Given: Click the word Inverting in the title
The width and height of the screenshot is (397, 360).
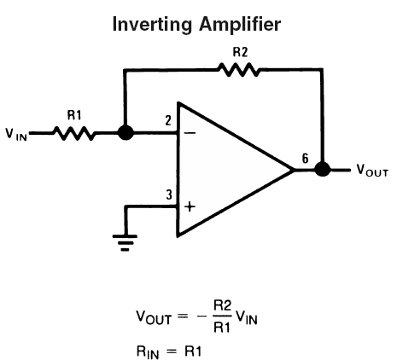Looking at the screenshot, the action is [152, 25].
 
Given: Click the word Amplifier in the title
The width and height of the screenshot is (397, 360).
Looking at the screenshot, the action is [240, 25].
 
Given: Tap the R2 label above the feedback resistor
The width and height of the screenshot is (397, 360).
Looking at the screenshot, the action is [240, 52].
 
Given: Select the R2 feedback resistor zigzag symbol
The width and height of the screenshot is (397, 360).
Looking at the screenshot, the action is [239, 70].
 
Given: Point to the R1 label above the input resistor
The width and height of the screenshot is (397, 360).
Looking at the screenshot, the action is [74, 115].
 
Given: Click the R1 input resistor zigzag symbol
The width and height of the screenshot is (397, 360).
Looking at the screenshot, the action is [74, 133].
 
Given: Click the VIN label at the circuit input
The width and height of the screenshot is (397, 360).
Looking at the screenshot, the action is [16, 135].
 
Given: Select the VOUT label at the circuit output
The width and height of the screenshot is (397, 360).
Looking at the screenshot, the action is [372, 171].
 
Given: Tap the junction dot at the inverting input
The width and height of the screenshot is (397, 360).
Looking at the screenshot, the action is [126, 133].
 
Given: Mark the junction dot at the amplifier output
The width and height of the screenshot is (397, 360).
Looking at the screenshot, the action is [323, 169].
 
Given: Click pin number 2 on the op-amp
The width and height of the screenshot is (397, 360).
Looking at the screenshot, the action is [168, 121].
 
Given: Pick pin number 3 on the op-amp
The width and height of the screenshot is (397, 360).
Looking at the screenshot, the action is [169, 195].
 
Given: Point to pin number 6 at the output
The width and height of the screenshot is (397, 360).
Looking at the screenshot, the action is [305, 159].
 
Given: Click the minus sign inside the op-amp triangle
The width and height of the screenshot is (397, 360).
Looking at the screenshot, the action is [190, 133].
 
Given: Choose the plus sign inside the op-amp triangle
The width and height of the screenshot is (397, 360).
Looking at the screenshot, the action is [190, 206].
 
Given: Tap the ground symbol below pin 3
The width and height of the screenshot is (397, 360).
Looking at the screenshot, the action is [125, 242].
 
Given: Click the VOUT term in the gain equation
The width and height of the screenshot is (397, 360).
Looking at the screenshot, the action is [154, 317].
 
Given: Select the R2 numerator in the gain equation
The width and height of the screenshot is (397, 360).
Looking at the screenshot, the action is [222, 306].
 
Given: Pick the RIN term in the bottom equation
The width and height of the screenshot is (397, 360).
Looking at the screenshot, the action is [148, 352].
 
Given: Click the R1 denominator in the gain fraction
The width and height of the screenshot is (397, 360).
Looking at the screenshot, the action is [222, 328].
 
